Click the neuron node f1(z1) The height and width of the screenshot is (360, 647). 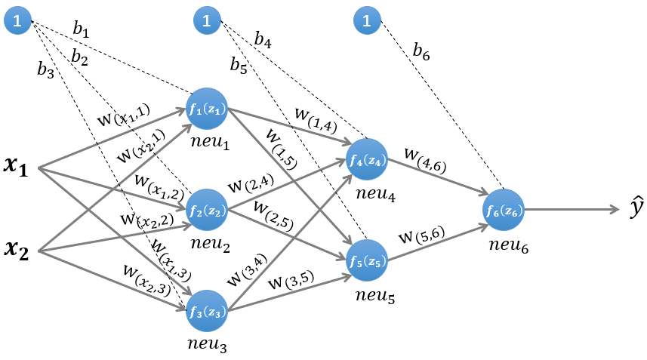(x=207, y=110)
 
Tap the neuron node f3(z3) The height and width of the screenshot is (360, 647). (x=207, y=310)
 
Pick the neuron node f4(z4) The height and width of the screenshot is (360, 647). (x=367, y=160)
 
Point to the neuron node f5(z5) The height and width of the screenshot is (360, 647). (x=367, y=260)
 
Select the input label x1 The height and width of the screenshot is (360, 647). (x=15, y=168)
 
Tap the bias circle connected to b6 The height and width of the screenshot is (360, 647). (x=367, y=22)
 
